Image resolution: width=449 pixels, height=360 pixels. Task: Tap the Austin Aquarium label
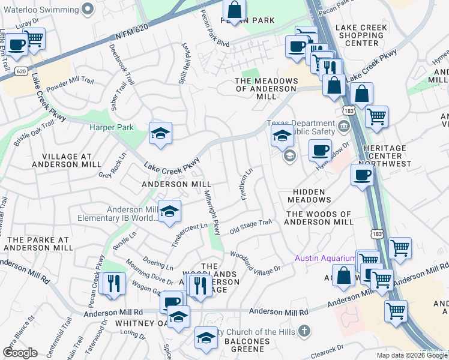(324, 258)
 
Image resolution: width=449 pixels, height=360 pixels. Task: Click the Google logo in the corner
(19, 353)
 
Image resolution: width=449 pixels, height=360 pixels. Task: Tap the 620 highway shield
(21, 71)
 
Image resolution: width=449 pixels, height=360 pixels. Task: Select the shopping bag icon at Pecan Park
(234, 10)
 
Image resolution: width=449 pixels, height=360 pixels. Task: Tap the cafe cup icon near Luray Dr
(16, 44)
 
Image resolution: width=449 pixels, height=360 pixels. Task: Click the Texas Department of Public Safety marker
(343, 125)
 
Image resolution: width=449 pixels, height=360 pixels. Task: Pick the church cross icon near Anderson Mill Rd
(304, 331)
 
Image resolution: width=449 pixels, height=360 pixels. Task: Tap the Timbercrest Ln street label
(189, 229)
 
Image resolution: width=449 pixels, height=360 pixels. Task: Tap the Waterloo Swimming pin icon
(88, 7)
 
